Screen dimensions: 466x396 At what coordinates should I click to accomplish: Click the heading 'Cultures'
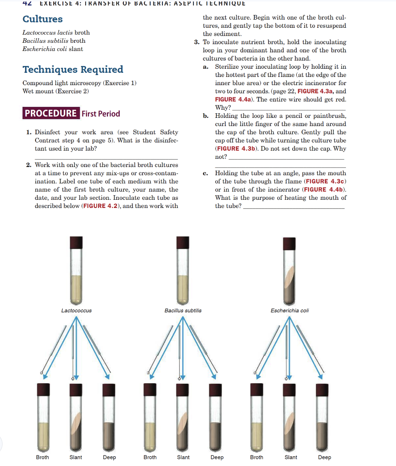click(43, 19)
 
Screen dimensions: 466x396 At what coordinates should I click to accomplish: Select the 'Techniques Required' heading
click(73, 70)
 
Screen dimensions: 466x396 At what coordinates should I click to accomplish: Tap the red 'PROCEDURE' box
click(51, 114)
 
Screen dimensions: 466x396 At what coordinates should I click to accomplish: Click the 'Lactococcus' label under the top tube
click(76, 310)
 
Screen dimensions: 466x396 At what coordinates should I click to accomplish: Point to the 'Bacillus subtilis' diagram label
click(183, 310)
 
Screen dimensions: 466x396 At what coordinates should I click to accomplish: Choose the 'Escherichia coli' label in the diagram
click(289, 310)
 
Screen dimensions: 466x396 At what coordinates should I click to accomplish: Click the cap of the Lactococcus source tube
click(76, 242)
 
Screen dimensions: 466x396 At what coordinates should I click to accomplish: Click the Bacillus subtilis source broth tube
click(183, 273)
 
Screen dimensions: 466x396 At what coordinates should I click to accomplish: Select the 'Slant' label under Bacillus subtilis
click(183, 457)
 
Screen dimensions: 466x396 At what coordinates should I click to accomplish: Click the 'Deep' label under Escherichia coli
click(325, 457)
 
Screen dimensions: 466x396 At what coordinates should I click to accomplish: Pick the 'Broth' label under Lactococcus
click(42, 457)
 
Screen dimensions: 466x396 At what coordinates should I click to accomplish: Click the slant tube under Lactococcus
click(76, 419)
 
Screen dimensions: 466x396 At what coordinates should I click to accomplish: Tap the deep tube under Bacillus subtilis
click(216, 419)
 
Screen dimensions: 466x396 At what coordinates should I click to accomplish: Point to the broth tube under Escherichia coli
click(256, 419)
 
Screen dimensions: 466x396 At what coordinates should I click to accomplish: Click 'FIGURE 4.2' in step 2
click(101, 206)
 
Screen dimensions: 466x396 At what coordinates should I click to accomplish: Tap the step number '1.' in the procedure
click(29, 132)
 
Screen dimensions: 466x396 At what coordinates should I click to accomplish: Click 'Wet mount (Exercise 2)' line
click(56, 91)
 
